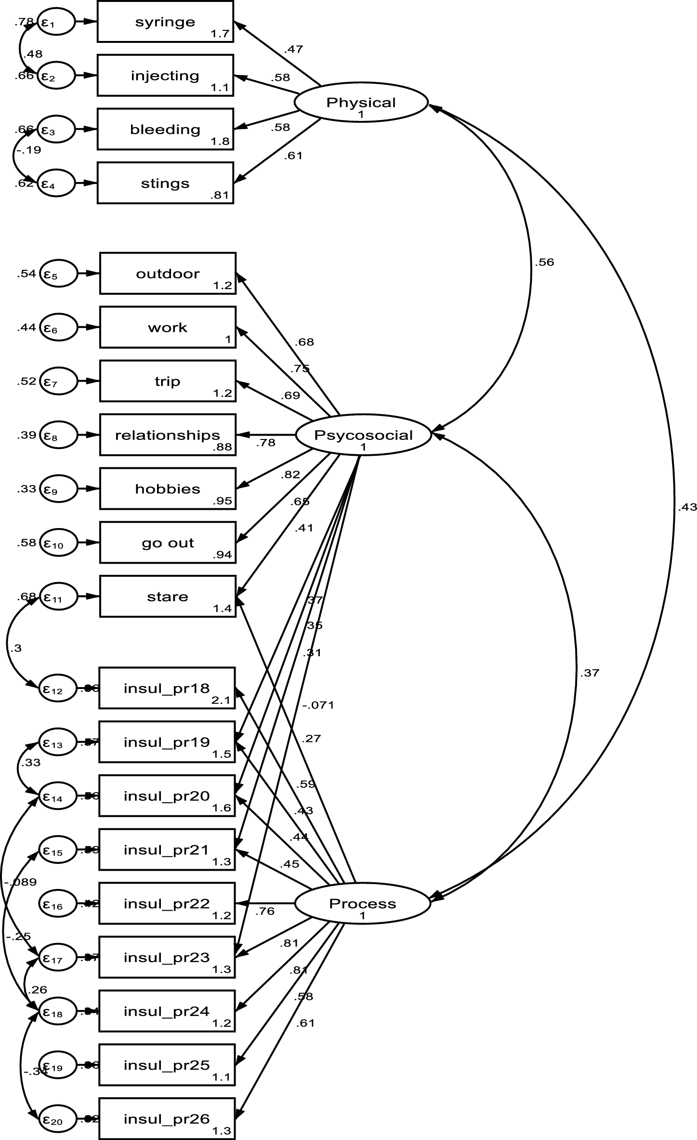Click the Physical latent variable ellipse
coord(361,103)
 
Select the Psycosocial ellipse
coord(363,436)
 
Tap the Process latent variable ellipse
coord(362,904)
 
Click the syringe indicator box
coord(165,21)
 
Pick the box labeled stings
coord(165,183)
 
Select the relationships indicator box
coord(168,435)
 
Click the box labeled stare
coord(168,597)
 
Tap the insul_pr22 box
coord(167,903)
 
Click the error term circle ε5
coord(58,274)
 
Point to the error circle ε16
coord(57,904)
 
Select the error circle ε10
coord(58,543)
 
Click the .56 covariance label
coord(544,263)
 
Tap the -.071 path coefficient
coord(318,705)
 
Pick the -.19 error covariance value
coord(29,150)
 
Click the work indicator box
coord(168,328)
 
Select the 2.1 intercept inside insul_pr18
coord(221,701)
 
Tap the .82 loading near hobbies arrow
coord(290,475)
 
